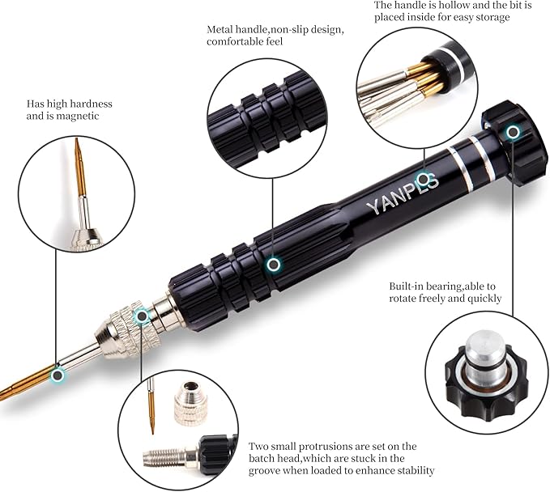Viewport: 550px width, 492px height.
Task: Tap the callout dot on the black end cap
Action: pos(513,132)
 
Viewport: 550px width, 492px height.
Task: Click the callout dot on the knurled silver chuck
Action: pos(142,316)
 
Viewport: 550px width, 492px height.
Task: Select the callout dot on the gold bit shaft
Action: pos(58,375)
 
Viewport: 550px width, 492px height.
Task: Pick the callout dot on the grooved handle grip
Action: pos(273,265)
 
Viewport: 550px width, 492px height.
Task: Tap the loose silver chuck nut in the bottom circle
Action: pos(191,403)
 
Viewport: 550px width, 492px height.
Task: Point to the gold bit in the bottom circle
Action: pos(152,405)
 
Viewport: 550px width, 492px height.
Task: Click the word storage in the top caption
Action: pos(492,17)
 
